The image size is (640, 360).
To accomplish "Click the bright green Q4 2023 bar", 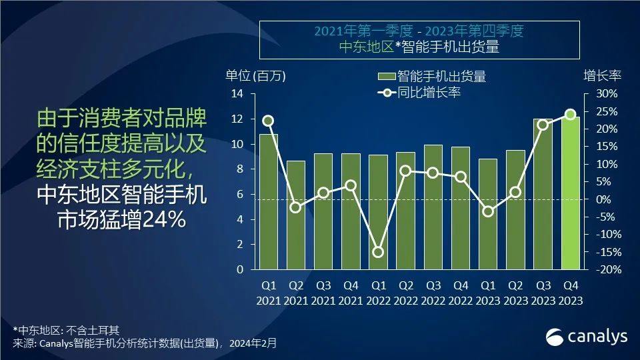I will click(570, 193).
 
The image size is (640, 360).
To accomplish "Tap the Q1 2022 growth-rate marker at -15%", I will click(378, 252).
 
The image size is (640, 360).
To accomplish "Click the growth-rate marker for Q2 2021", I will click(296, 207).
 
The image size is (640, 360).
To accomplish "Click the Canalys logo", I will click(586, 337).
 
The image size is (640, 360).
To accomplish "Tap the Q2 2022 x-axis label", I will click(405, 293).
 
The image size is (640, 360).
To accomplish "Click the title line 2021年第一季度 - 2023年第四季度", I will click(419, 31).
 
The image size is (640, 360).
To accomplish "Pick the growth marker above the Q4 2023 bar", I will click(570, 115).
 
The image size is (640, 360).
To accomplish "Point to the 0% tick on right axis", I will click(603, 199).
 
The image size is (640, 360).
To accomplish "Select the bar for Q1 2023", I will click(488, 214).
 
